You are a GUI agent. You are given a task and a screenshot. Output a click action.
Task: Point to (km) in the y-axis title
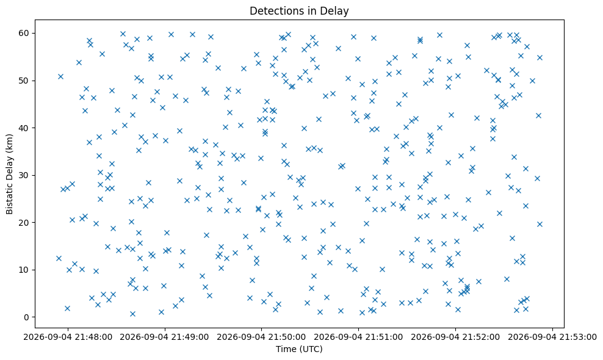click(x=10, y=142)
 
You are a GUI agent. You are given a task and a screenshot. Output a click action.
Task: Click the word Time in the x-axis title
click(x=284, y=349)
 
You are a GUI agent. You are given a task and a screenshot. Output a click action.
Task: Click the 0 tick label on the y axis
click(x=27, y=317)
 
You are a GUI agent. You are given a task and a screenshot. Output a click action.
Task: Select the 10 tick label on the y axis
click(x=24, y=270)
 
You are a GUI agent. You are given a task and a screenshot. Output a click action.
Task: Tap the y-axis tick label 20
click(x=24, y=223)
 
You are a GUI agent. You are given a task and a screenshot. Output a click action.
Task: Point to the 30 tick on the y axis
click(x=24, y=175)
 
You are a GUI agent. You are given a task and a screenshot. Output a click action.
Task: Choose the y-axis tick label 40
click(x=24, y=128)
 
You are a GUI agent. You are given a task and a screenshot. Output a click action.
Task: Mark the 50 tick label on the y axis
click(x=24, y=81)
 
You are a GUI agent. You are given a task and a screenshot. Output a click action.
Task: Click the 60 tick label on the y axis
click(x=24, y=34)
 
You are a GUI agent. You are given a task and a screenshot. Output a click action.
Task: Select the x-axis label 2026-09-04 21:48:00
click(x=68, y=337)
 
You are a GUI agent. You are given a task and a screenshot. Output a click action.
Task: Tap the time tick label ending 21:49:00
click(x=165, y=337)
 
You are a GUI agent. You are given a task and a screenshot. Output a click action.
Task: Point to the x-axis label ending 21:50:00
click(x=262, y=337)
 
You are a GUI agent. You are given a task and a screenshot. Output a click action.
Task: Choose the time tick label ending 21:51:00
click(x=359, y=337)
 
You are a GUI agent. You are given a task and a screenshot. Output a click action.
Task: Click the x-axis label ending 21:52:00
click(x=456, y=337)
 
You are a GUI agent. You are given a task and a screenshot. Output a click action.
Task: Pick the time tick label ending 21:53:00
click(x=552, y=337)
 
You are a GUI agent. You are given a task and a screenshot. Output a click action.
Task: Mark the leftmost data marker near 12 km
click(x=59, y=259)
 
